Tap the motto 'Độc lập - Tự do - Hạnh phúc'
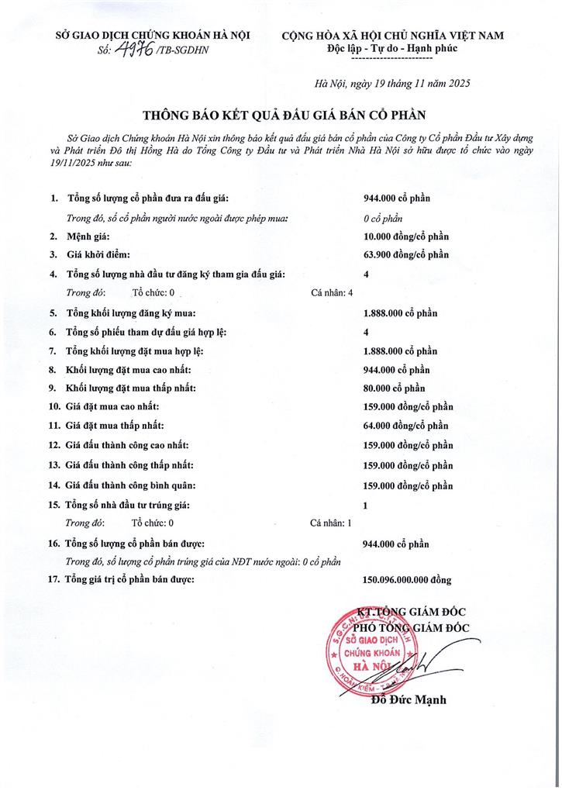(x=393, y=48)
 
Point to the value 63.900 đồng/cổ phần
(x=406, y=254)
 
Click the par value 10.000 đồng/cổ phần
(x=406, y=236)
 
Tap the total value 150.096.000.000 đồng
(x=407, y=579)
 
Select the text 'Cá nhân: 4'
(x=332, y=292)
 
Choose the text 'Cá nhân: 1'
(x=331, y=523)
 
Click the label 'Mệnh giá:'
(x=89, y=236)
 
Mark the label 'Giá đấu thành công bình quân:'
(x=131, y=485)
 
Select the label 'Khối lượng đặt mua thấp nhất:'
(x=131, y=388)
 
